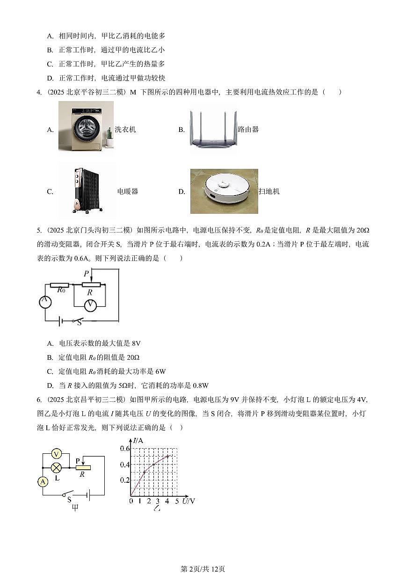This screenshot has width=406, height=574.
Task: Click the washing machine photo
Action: pos(86,126)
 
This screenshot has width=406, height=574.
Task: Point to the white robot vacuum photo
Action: pos(224,191)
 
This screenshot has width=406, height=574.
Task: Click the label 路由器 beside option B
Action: pos(248,130)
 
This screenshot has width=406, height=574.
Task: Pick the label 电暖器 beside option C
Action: pos(127,191)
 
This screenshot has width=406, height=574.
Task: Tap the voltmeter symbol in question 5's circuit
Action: pos(90,305)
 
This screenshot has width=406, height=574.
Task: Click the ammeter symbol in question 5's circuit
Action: pos(45,302)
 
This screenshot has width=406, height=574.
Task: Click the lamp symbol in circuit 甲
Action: pos(56,467)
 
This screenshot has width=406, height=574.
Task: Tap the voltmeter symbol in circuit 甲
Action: pos(56,453)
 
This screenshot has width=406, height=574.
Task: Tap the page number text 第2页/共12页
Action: pos(203,569)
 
